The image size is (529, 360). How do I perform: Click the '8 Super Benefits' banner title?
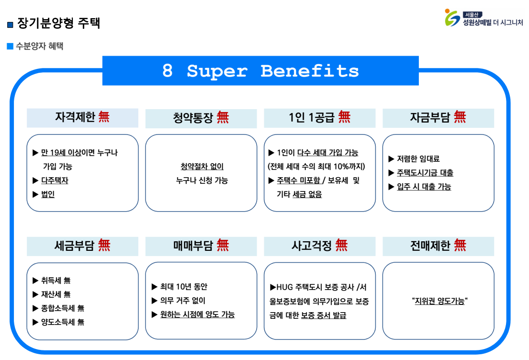[x=260, y=71]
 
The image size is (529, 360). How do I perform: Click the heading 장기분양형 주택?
[x=58, y=23]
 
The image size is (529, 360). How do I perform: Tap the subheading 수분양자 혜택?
[x=39, y=46]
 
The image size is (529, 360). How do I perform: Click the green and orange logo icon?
[x=452, y=18]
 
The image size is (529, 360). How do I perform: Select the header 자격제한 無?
[x=82, y=117]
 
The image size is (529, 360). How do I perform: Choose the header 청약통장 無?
[x=201, y=118]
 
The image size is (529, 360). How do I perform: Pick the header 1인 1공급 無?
[x=319, y=117]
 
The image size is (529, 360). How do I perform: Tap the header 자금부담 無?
[x=438, y=117]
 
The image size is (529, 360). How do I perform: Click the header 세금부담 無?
[x=82, y=246]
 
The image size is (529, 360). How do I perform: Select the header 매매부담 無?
[x=201, y=246]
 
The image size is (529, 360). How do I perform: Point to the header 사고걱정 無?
[x=319, y=246]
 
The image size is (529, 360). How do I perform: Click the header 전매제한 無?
[x=438, y=246]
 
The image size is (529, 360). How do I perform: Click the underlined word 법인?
[x=48, y=194]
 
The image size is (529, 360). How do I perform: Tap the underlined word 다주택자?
[x=55, y=180]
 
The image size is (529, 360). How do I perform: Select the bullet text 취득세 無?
[x=56, y=281]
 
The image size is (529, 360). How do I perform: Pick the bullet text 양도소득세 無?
[x=62, y=322]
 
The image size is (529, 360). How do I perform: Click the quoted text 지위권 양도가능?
[x=439, y=301]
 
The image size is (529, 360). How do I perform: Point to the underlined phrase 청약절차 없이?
[x=202, y=166]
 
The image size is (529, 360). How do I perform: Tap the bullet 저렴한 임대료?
[x=418, y=159]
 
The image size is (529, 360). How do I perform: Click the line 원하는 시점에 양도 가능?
[x=197, y=315]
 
